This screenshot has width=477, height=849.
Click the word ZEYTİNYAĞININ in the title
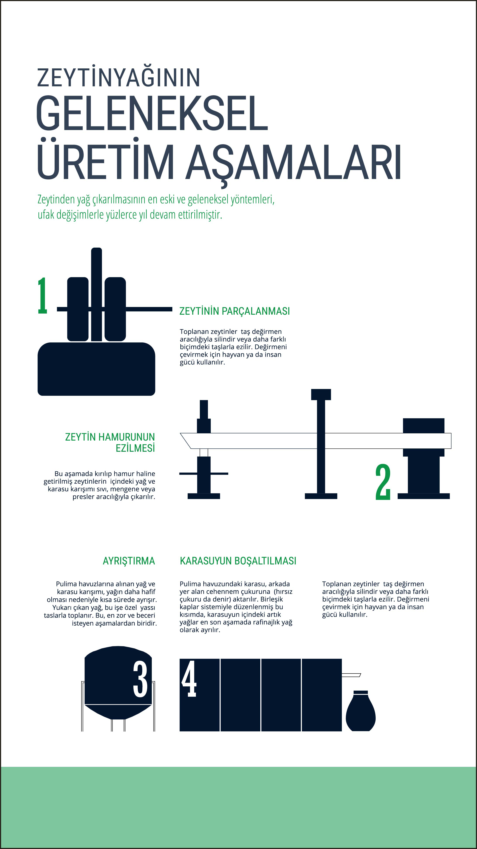coord(119,78)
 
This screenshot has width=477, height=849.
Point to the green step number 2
coord(383,482)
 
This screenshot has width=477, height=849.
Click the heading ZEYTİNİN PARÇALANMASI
coord(235,311)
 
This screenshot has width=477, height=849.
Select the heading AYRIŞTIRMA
coord(129,561)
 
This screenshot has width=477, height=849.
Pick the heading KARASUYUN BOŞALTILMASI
coord(238,561)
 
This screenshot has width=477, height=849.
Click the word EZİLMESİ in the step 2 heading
coord(135,448)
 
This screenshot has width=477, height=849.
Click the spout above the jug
coord(351,675)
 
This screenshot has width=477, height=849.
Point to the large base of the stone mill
coord(96,369)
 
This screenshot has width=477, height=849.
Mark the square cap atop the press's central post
coord(321,394)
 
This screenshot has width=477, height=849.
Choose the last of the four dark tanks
coord(322,695)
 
